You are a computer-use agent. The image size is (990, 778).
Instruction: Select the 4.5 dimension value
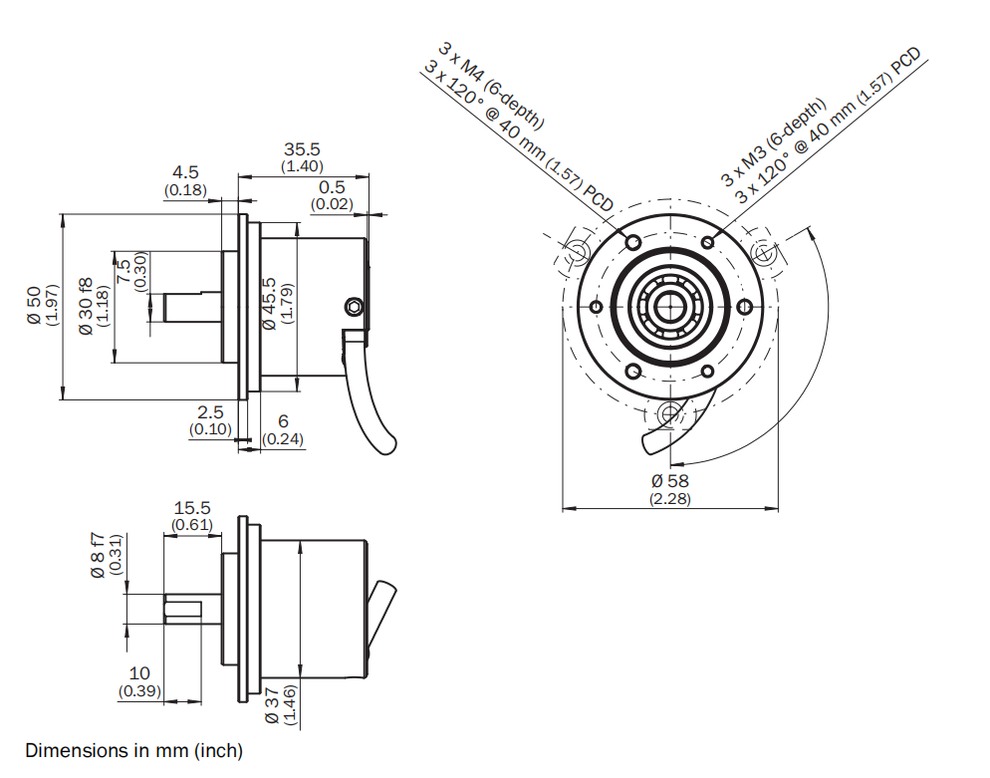click(185, 172)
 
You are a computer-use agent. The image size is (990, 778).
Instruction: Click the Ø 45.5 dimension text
click(268, 303)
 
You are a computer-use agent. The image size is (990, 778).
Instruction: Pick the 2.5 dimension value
click(210, 411)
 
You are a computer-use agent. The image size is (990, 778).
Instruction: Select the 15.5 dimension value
click(191, 508)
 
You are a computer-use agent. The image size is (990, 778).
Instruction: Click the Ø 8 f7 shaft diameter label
click(98, 554)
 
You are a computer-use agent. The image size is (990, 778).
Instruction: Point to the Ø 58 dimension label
click(670, 481)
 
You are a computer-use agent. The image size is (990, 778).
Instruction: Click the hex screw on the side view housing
click(352, 305)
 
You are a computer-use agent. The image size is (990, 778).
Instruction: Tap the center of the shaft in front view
click(670, 305)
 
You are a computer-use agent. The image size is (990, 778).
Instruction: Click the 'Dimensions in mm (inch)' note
click(133, 750)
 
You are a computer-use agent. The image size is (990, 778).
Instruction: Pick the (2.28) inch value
click(670, 498)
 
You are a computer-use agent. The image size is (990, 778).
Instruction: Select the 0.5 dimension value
click(332, 187)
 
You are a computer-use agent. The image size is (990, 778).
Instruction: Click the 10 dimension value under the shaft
click(139, 674)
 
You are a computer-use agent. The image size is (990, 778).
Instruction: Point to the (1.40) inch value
click(302, 165)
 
